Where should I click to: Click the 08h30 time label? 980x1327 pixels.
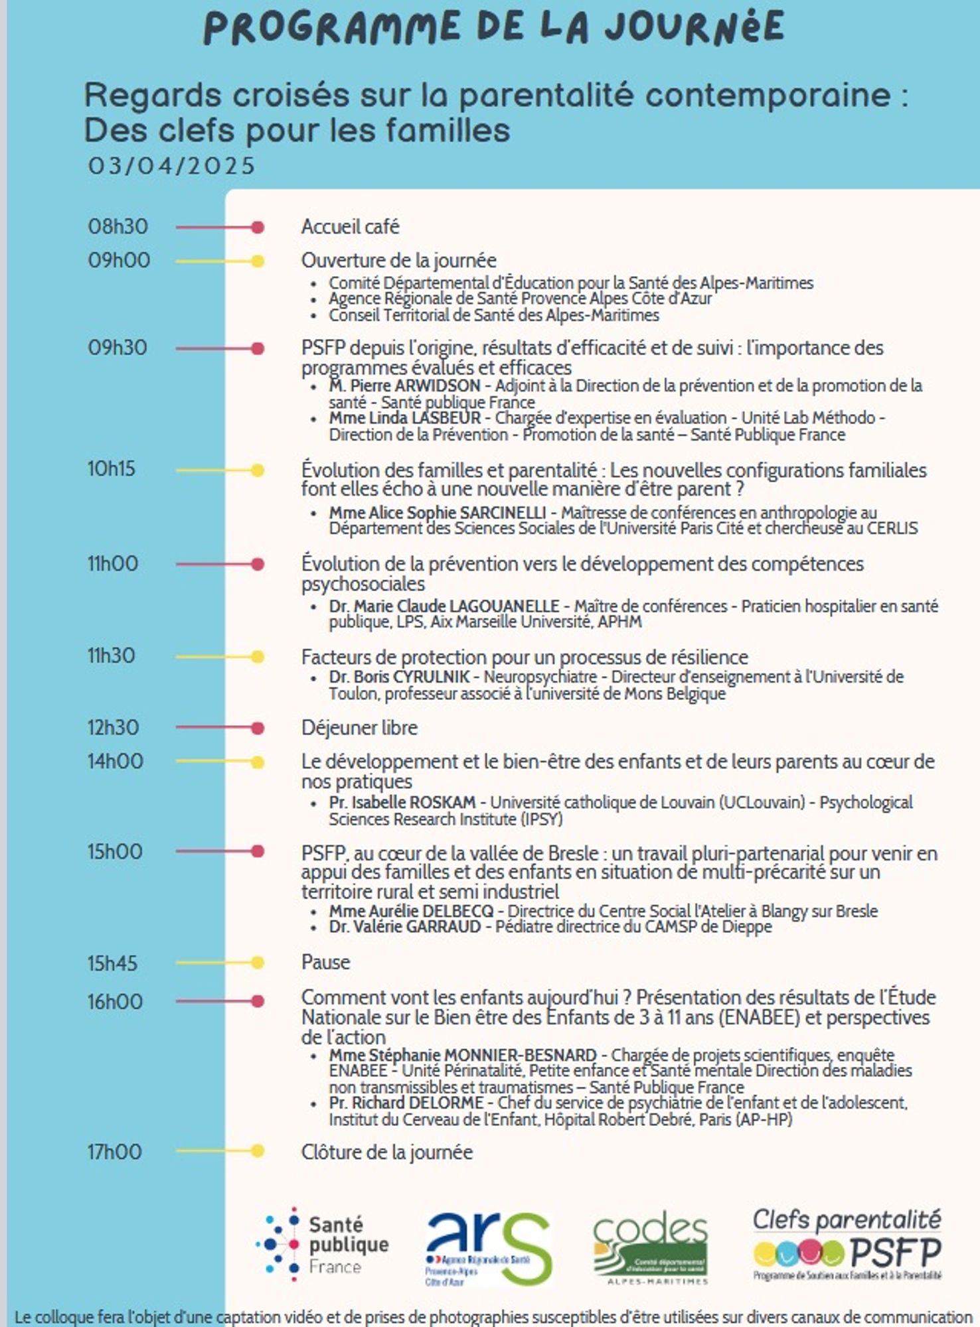click(118, 226)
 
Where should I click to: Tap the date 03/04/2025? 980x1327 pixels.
click(171, 166)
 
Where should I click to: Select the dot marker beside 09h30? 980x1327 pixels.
click(258, 348)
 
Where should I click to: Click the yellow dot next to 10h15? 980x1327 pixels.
click(258, 470)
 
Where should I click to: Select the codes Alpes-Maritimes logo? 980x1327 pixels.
click(650, 1249)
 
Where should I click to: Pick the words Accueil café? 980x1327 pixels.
click(350, 227)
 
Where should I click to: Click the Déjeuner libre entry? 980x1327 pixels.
click(359, 728)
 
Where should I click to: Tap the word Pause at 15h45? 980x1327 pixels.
click(325, 962)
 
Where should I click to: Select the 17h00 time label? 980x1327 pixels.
click(114, 1152)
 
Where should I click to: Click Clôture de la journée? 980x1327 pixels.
click(386, 1152)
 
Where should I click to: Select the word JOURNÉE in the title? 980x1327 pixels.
click(694, 28)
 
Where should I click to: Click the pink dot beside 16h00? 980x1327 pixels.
click(258, 1001)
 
